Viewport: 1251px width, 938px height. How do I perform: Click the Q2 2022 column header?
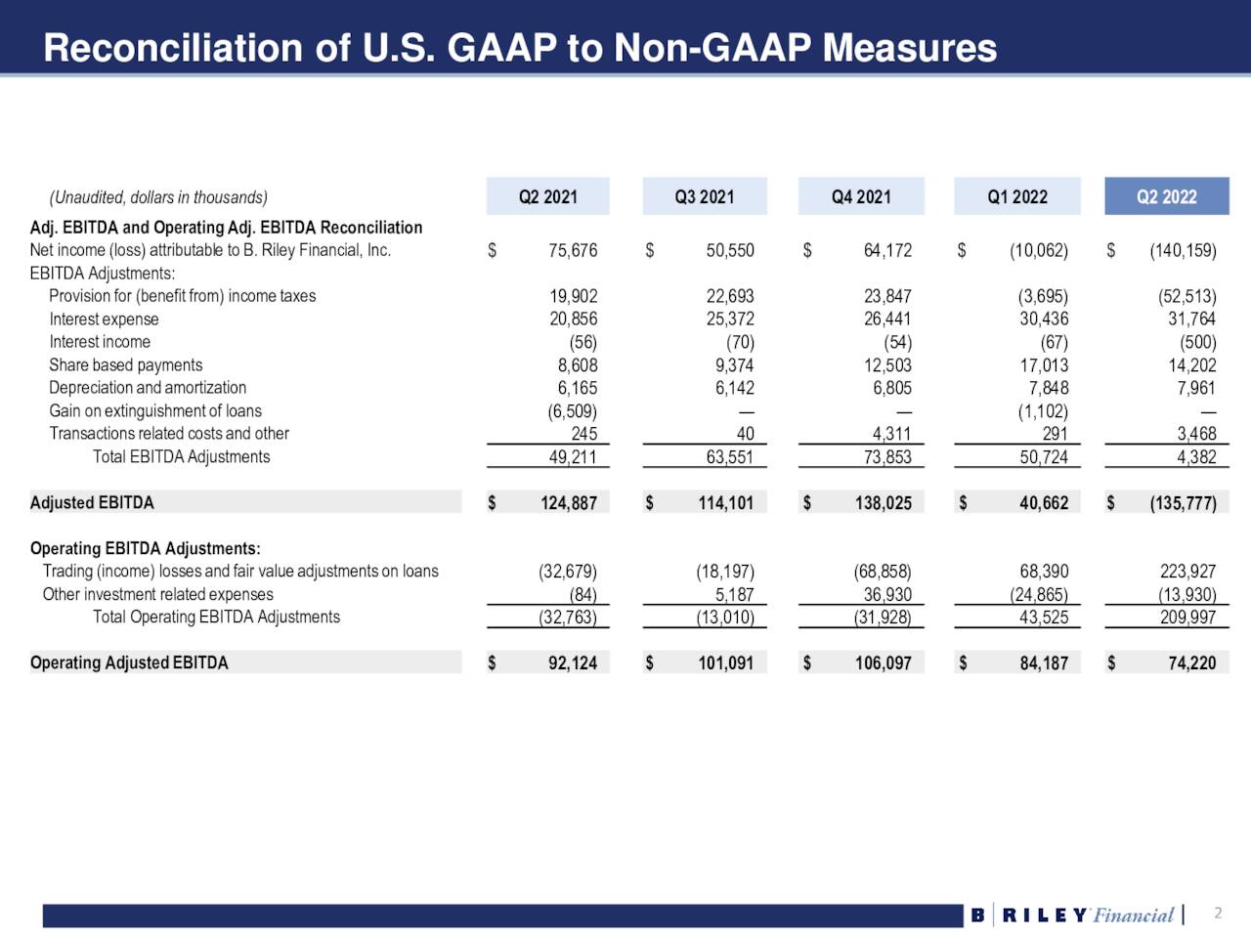(x=1166, y=196)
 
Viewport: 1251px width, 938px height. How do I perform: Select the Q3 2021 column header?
(x=704, y=196)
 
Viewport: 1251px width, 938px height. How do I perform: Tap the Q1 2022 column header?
(x=1016, y=196)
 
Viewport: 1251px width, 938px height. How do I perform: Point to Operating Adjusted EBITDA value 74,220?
(x=1191, y=663)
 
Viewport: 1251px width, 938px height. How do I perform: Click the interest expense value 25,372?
(x=729, y=319)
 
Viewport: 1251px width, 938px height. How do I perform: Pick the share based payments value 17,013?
(x=1043, y=365)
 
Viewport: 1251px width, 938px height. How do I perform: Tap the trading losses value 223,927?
(x=1187, y=572)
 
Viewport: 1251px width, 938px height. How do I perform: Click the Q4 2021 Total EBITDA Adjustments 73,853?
(x=886, y=457)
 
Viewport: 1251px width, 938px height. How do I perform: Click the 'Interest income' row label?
(x=100, y=342)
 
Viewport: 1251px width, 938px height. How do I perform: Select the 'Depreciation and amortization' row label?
(x=148, y=388)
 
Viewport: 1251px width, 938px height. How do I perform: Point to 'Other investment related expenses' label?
(x=157, y=594)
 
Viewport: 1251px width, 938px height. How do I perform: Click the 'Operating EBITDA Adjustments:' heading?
(x=145, y=548)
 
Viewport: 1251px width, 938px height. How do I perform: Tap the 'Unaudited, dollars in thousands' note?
(x=158, y=197)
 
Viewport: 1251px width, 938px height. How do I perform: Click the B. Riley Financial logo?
(x=1073, y=916)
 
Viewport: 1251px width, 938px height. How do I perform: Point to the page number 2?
(x=1218, y=914)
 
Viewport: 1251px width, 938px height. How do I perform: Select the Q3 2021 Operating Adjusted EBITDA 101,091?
(x=725, y=663)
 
